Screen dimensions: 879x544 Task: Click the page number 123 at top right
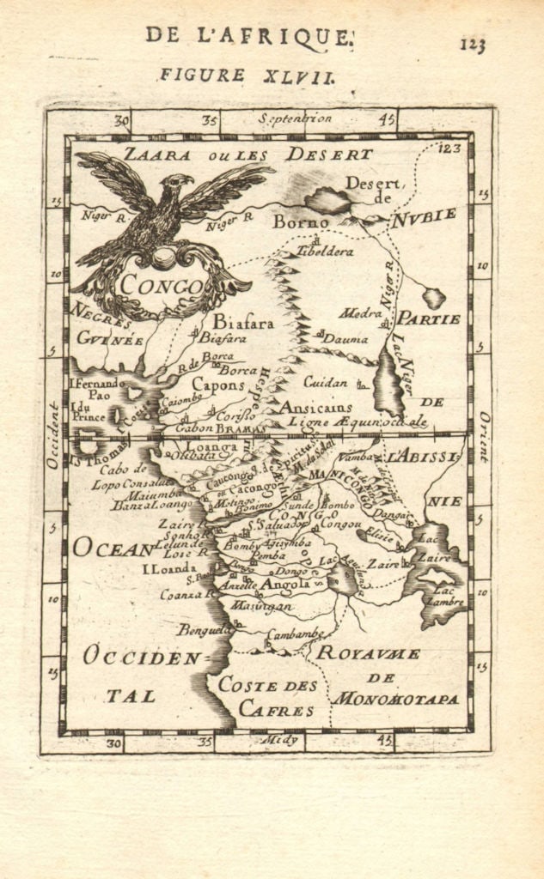pyautogui.click(x=472, y=45)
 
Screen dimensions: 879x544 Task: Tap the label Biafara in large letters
pyautogui.click(x=243, y=323)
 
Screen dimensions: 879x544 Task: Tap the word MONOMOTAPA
pyautogui.click(x=395, y=699)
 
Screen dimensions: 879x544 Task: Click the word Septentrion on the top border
pyautogui.click(x=295, y=119)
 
